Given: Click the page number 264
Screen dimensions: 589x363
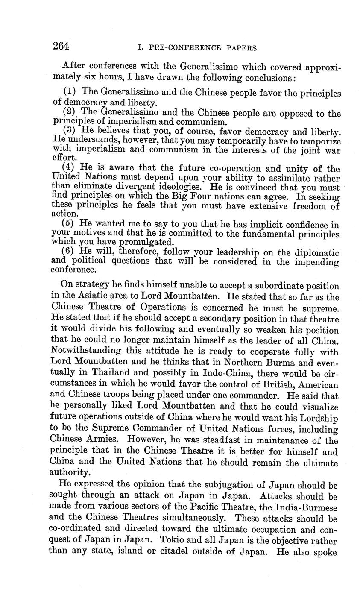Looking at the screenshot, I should point(61,46).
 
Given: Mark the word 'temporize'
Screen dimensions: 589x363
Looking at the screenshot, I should point(320,141).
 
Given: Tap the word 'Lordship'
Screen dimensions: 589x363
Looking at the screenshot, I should point(318,419).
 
